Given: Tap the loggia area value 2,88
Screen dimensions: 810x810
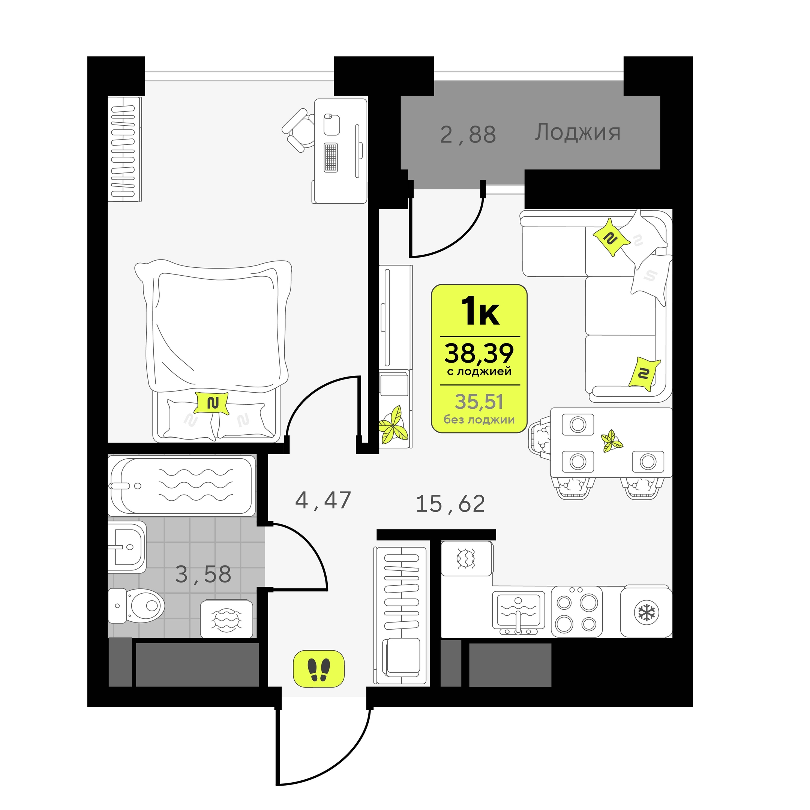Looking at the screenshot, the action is click(x=468, y=135).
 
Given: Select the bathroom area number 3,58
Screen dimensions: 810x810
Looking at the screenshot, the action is click(x=203, y=575).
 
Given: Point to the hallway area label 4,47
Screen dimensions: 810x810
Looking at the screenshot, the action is click(x=323, y=500).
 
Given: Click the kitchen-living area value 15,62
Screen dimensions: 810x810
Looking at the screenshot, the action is click(x=450, y=504).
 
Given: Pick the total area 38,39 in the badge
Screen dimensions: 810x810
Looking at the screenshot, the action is click(x=479, y=353).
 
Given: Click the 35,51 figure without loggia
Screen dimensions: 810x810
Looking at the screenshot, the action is click(x=479, y=402).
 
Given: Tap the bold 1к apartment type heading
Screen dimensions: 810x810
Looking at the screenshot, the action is click(x=480, y=310).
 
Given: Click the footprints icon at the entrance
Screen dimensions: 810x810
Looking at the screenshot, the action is click(x=319, y=669).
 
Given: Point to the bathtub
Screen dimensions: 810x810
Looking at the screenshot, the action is click(x=181, y=485).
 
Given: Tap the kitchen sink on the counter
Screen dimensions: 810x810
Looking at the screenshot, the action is click(x=518, y=613).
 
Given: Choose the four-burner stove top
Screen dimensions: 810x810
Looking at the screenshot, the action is click(x=576, y=612).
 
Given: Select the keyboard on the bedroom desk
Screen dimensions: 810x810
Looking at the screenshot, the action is click(x=331, y=157).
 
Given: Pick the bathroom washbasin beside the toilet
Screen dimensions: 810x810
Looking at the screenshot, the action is click(x=127, y=547).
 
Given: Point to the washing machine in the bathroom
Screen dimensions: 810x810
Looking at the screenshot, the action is click(x=226, y=619).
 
